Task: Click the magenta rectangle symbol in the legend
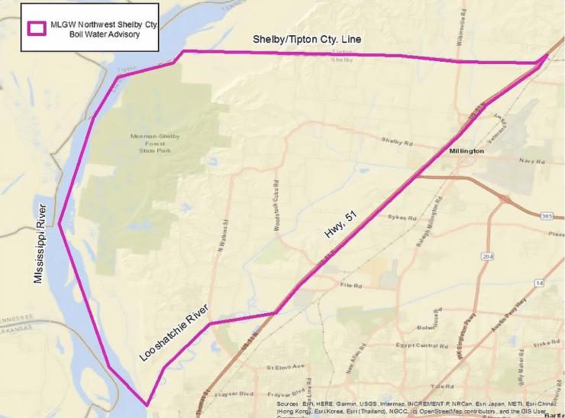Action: [35, 28]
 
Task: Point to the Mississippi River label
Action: [41, 243]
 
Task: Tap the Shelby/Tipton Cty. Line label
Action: [307, 40]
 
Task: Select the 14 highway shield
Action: [540, 283]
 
